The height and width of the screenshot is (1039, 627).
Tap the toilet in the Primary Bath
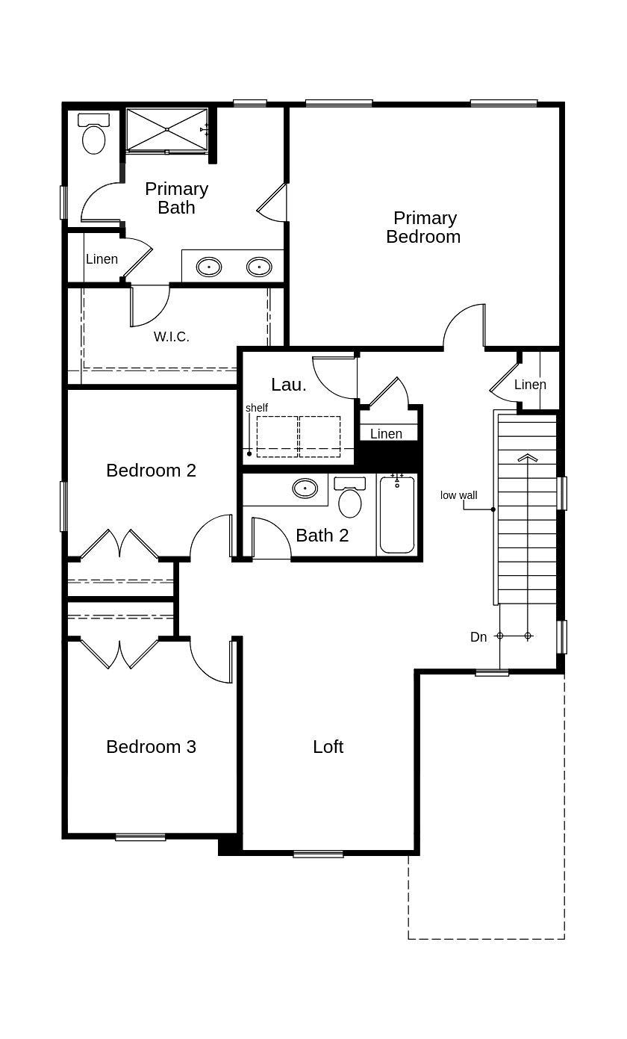93,135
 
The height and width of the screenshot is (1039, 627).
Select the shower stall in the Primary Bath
166,130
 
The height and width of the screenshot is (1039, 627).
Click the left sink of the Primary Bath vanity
209,266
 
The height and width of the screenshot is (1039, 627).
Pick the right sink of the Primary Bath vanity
259,266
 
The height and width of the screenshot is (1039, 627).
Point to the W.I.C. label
172,337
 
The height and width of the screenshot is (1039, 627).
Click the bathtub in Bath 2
396,515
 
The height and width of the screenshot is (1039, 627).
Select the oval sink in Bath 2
305,488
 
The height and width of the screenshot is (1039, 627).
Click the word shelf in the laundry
257,408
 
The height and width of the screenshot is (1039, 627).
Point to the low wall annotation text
458,495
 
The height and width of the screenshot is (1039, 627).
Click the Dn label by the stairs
478,637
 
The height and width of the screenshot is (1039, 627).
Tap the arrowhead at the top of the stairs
528,457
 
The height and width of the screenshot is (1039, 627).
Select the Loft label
328,747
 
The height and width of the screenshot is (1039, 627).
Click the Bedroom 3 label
151,747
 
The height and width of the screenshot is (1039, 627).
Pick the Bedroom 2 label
151,471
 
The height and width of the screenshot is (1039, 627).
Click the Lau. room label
288,385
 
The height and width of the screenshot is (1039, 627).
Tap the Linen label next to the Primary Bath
102,259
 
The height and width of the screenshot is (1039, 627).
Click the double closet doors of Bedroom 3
119,653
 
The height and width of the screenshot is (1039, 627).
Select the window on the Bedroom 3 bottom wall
140,837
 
